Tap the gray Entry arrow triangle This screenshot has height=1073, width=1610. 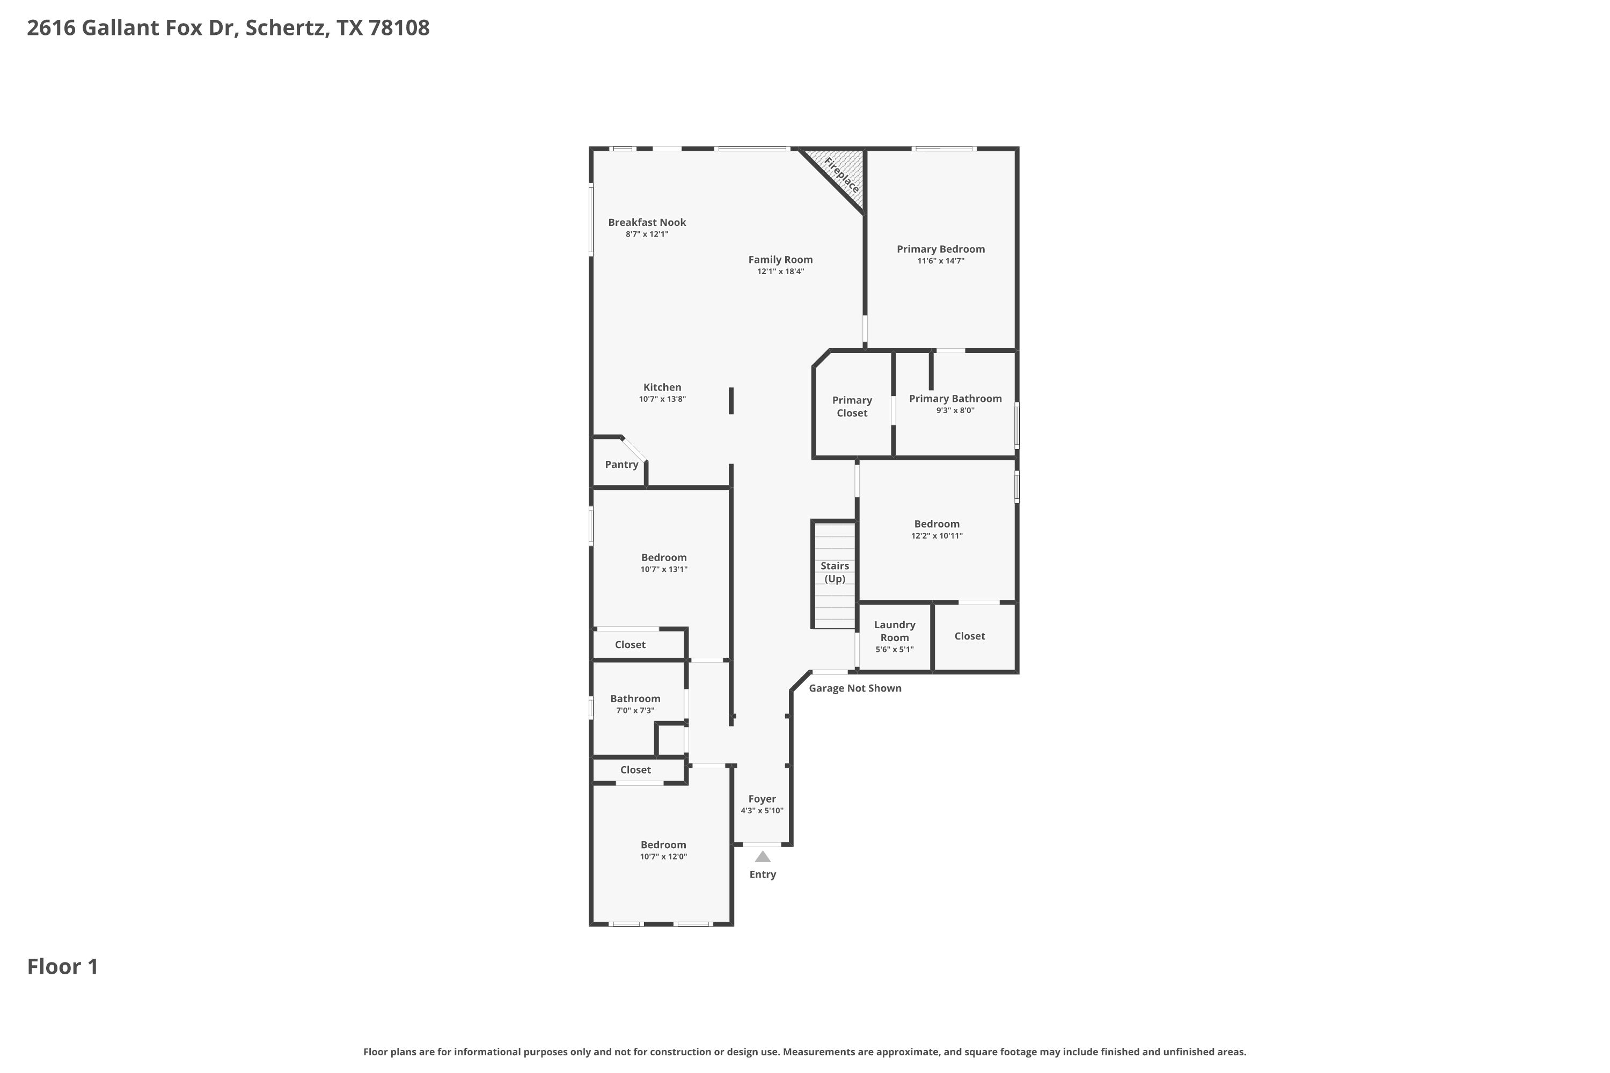(763, 857)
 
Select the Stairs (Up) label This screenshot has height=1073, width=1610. (835, 572)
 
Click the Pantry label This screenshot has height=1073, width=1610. (621, 465)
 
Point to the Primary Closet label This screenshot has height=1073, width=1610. (852, 407)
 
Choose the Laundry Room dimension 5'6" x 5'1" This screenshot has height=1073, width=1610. (895, 649)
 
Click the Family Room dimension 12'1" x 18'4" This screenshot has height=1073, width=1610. (780, 271)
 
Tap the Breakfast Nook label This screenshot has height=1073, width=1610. (647, 223)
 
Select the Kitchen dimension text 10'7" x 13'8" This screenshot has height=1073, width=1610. (663, 399)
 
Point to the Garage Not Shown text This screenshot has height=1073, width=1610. (855, 688)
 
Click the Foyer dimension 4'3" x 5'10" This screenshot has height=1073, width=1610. (762, 811)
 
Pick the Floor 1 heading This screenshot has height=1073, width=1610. (63, 967)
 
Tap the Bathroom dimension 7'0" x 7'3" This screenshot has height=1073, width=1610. (635, 710)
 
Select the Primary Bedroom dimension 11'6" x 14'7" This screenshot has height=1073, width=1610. (941, 261)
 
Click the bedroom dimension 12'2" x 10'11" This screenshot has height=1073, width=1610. (937, 536)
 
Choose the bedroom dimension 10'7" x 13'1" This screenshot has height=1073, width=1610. (664, 569)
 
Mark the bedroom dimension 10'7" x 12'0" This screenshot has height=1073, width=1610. (663, 857)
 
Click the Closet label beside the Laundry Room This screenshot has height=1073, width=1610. (970, 636)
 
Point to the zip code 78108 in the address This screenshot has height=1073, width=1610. (399, 28)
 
